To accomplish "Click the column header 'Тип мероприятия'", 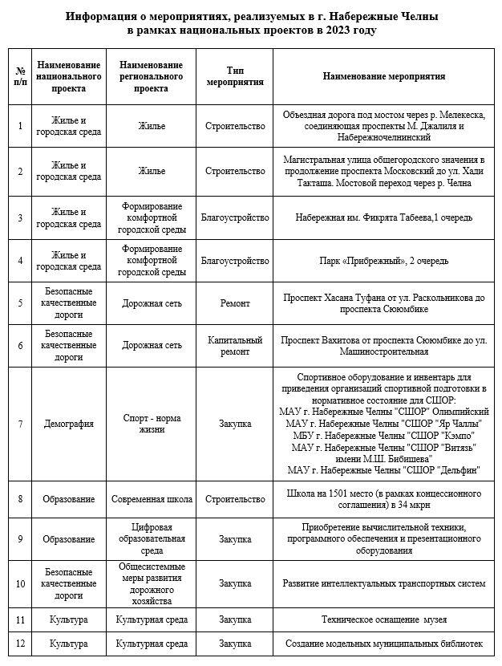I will pos(235,76).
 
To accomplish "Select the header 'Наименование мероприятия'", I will pos(383,76).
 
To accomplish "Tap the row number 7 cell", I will pos(20,424).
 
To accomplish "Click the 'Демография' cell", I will pos(69,424).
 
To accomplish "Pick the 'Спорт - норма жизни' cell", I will pos(152,424).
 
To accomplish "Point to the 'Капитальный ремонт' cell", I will pos(235,345).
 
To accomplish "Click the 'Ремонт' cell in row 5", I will pos(235,303).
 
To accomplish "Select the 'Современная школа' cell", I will pos(152,499).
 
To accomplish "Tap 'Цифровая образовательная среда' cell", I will pos(152,539).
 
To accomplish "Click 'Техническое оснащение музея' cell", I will pos(383,620).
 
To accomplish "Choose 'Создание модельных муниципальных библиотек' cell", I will pos(383,644).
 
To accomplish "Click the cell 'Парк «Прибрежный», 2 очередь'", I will pos(383,261).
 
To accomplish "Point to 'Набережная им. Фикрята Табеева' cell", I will pos(383,217).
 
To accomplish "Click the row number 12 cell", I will pos(20,644).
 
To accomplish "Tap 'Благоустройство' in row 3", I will pos(235,217).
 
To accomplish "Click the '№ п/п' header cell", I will pos(20,76).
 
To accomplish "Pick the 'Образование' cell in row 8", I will pos(69,499).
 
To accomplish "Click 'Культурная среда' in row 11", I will pos(152,620).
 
